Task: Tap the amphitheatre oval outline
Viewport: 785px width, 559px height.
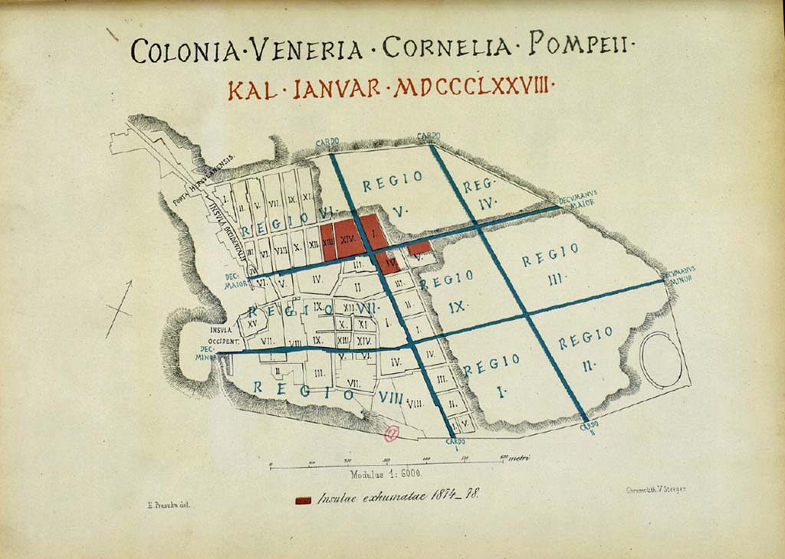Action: pyautogui.click(x=661, y=361)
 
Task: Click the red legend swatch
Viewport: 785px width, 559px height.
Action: pyautogui.click(x=304, y=500)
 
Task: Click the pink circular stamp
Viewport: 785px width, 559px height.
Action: pyautogui.click(x=392, y=435)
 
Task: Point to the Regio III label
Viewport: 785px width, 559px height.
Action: pyautogui.click(x=551, y=264)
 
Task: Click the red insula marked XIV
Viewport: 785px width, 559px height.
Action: pyautogui.click(x=349, y=240)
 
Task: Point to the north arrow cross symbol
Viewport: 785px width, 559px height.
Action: pyautogui.click(x=119, y=309)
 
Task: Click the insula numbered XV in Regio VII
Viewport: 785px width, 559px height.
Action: pyautogui.click(x=252, y=324)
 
